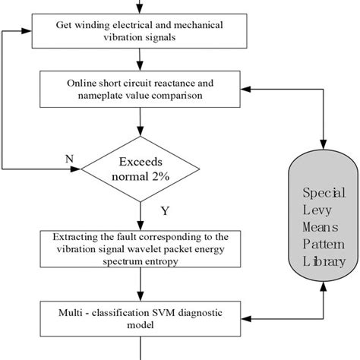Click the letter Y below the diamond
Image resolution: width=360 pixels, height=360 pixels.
[x=165, y=209]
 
